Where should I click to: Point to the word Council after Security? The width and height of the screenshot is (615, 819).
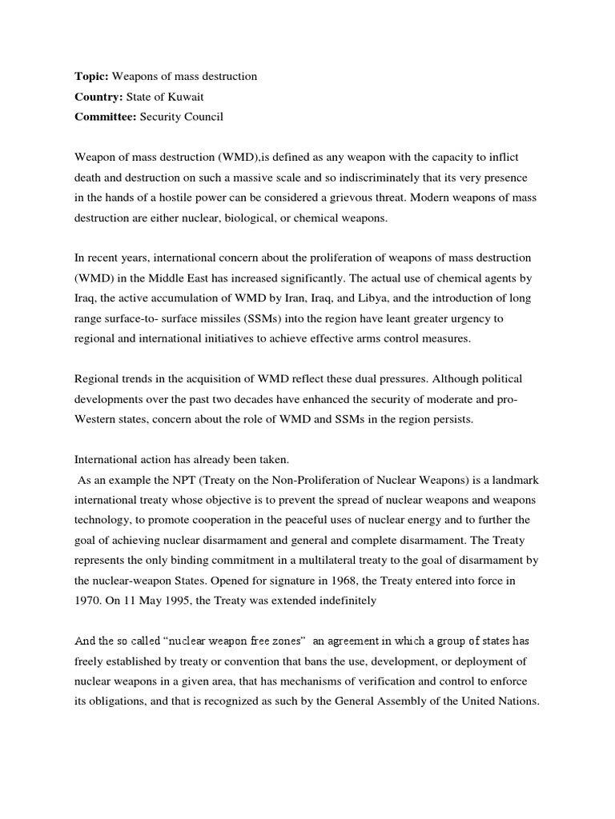tap(204, 117)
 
